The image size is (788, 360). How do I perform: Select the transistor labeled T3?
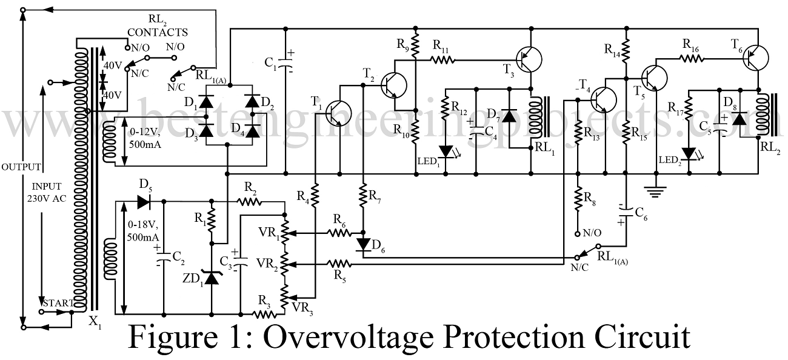pos(528,59)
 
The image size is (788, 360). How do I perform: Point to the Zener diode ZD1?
pos(211,278)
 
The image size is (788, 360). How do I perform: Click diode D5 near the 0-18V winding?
pos(144,201)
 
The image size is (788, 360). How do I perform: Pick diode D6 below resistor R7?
pos(363,244)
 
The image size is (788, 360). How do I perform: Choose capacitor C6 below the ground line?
pos(625,210)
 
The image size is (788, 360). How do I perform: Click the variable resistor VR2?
pos(284,264)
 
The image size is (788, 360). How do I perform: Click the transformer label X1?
pos(93,322)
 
